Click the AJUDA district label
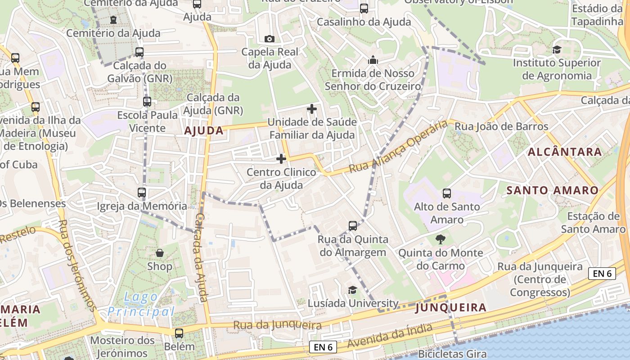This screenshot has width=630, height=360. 204,130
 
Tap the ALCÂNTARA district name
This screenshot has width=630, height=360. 565,152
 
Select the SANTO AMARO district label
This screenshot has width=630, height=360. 553,190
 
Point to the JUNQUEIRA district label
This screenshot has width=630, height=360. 451,308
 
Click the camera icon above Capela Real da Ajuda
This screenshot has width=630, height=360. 270,39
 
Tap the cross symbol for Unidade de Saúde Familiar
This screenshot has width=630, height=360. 311,109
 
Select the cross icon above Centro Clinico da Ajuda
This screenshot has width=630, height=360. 281,159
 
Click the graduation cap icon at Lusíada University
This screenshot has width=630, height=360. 353,290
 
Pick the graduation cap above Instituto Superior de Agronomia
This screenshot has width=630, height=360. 557,49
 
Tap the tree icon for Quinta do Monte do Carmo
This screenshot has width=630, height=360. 441,239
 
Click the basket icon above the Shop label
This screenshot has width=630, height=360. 160,253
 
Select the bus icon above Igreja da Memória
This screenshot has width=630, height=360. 142,193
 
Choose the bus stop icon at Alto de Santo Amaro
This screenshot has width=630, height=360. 447,193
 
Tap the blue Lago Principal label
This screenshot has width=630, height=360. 141,304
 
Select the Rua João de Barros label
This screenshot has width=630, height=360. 501,127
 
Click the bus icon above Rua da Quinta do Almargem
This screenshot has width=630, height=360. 353,225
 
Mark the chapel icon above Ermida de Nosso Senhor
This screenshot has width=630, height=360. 373,60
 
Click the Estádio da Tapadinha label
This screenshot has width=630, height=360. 597,15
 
